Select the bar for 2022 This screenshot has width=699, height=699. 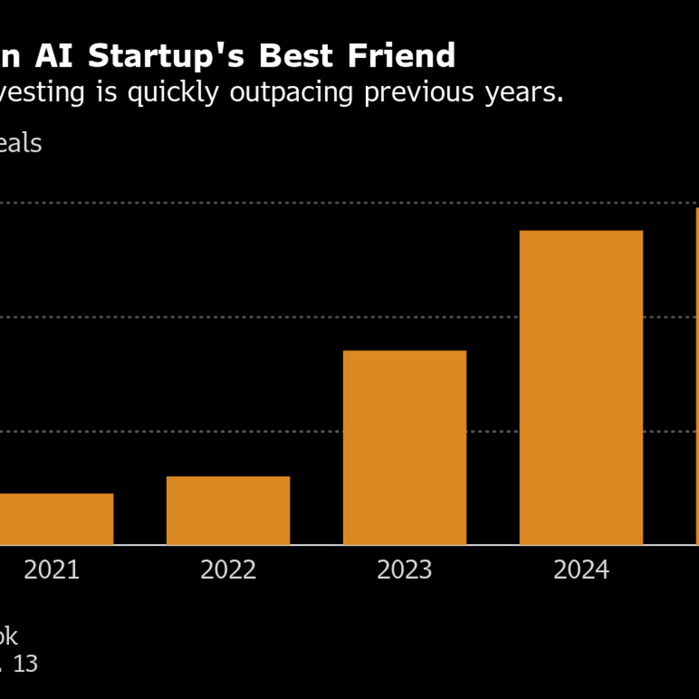click(x=228, y=511)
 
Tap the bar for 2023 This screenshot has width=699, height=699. click(x=405, y=447)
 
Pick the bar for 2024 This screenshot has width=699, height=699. click(x=581, y=387)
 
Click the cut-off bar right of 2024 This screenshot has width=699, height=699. click(x=697, y=375)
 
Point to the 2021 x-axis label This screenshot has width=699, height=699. click(x=52, y=570)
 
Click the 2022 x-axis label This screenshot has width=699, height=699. click(x=228, y=570)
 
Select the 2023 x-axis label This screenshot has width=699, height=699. click(x=405, y=570)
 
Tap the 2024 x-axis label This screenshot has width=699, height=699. click(x=581, y=570)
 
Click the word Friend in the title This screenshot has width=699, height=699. click(x=401, y=56)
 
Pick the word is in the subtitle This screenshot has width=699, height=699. click(x=106, y=93)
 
